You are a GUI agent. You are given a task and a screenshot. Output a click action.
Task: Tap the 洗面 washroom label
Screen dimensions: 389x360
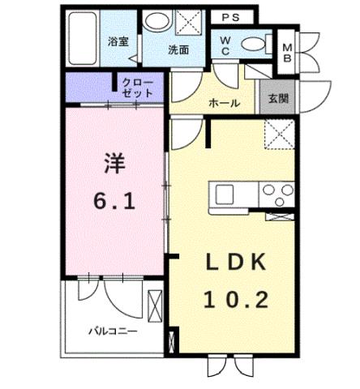178,49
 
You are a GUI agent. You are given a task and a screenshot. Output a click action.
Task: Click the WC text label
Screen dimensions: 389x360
225,45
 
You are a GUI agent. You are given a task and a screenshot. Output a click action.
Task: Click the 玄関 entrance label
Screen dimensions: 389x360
277,99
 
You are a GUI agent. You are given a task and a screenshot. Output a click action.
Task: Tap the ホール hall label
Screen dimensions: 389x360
223,104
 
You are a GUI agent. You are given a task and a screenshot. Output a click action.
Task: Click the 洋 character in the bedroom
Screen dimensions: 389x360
113,163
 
